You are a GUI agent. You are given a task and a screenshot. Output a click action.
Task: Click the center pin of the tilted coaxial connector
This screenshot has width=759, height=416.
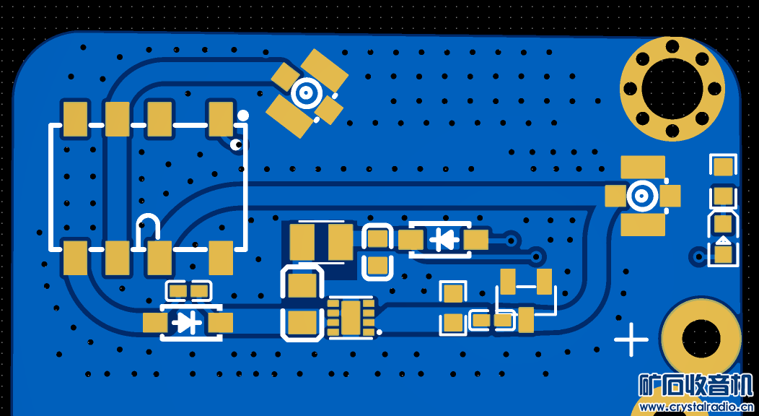pyautogui.click(x=307, y=92)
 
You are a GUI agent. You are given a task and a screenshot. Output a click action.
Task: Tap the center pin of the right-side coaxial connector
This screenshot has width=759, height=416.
pyautogui.click(x=642, y=195)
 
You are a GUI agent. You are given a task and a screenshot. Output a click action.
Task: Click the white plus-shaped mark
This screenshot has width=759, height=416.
pyautogui.click(x=631, y=339)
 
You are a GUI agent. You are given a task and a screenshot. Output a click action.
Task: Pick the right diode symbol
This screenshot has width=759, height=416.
pyautogui.click(x=443, y=238)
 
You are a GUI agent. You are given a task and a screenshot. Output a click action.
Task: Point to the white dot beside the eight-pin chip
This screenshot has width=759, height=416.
pyautogui.click(x=379, y=332)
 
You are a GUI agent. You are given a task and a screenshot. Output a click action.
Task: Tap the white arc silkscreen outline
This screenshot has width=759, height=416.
pyautogui.click(x=148, y=225)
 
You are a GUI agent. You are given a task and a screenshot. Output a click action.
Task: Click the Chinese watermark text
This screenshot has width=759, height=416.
pyautogui.click(x=696, y=386)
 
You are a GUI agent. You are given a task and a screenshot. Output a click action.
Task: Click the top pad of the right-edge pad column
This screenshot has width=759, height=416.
pyautogui.click(x=723, y=167)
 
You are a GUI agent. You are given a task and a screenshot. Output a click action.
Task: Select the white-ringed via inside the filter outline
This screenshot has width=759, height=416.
pyautogui.click(x=236, y=145)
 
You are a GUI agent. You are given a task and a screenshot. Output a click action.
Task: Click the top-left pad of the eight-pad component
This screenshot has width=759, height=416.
pyautogui.click(x=75, y=119)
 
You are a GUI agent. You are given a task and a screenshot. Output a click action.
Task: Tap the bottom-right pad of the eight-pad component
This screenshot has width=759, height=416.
pyautogui.click(x=221, y=258)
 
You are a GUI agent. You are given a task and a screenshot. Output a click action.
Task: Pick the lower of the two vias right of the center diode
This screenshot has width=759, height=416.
pyautogui.click(x=536, y=255)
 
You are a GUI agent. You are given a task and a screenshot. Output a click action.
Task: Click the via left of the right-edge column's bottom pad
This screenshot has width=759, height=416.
pyautogui.click(x=698, y=256)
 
